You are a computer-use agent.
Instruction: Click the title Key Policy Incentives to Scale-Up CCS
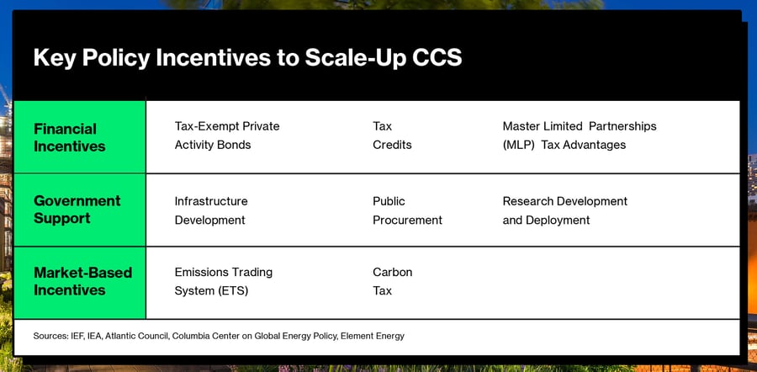pos(247,58)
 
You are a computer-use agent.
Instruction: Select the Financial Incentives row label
pos(70,138)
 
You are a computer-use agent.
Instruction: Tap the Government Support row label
pos(77,210)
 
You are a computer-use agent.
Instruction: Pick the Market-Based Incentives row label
pos(83,281)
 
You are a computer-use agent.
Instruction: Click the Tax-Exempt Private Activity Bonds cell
pos(227,136)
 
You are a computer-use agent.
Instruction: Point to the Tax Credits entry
pos(392,136)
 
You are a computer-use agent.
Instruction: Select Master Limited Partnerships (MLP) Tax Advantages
pos(580,136)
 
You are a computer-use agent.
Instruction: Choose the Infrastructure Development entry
pos(211,210)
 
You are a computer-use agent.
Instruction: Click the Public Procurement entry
pos(407,210)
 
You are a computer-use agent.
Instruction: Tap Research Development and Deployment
pos(565,210)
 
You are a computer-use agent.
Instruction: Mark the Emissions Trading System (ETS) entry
pos(224,282)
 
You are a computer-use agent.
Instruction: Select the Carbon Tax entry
pos(393,282)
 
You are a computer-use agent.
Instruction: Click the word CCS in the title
pos(437,58)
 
